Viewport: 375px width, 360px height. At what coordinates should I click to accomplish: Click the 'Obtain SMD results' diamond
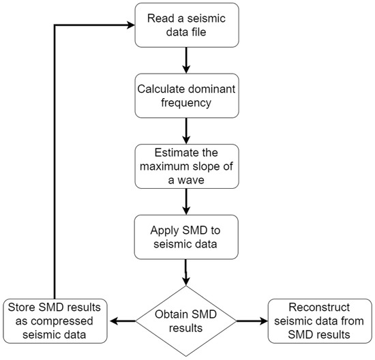coord(186,317)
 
